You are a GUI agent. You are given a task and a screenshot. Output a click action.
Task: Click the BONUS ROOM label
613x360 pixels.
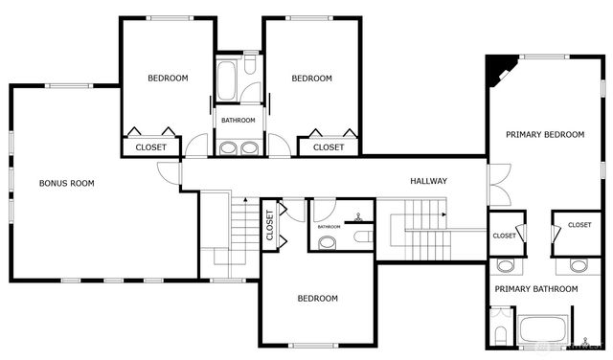click(x=66, y=183)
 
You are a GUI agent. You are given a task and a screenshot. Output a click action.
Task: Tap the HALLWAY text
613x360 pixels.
click(x=428, y=181)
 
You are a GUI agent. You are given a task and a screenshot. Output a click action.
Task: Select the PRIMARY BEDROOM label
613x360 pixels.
click(x=545, y=135)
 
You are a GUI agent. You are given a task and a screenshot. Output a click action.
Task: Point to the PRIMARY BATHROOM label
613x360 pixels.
click(x=535, y=288)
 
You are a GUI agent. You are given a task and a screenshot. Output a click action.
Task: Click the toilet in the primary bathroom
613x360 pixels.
click(x=500, y=335)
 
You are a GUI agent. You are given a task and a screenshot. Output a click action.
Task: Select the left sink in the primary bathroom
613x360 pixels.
click(x=505, y=265)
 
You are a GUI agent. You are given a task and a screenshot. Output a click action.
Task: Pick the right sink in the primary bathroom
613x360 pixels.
click(x=579, y=265)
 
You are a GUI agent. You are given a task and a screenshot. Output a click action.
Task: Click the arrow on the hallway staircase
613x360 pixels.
click(x=443, y=216)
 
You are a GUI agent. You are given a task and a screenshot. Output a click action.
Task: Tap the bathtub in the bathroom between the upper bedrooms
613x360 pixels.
click(x=227, y=82)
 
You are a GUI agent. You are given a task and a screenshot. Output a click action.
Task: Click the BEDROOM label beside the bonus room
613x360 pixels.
click(x=168, y=79)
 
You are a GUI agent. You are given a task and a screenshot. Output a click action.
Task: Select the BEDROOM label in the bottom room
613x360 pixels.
click(x=317, y=298)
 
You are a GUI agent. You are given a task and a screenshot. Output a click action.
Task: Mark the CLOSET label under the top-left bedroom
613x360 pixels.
click(x=150, y=147)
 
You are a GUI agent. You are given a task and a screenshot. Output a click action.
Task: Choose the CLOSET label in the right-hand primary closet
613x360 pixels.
click(x=579, y=225)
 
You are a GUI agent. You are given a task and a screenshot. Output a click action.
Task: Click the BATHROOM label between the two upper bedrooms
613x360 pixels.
click(x=238, y=121)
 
